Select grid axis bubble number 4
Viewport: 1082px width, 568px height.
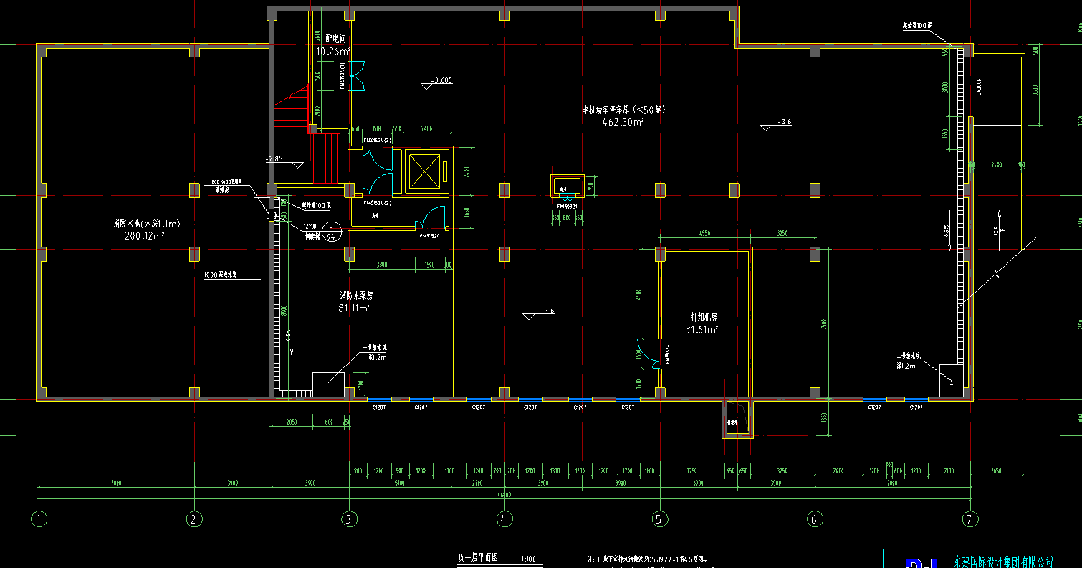pyautogui.click(x=504, y=518)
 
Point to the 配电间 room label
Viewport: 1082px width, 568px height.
pyautogui.click(x=326, y=38)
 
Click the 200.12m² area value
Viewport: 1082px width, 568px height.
pyautogui.click(x=145, y=235)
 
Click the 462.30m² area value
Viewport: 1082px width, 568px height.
pyautogui.click(x=623, y=122)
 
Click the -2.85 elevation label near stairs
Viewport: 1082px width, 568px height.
pyautogui.click(x=274, y=159)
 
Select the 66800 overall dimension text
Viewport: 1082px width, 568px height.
pyautogui.click(x=504, y=494)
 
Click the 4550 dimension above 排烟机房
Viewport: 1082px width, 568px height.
pyautogui.click(x=704, y=233)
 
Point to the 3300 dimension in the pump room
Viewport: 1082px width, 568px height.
pyautogui.click(x=381, y=265)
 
